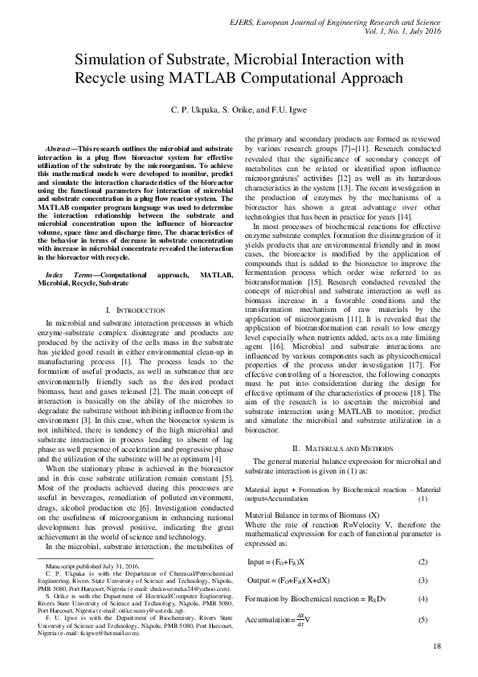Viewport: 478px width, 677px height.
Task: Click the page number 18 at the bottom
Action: coord(436,646)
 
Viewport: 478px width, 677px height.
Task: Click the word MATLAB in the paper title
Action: coord(264,79)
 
